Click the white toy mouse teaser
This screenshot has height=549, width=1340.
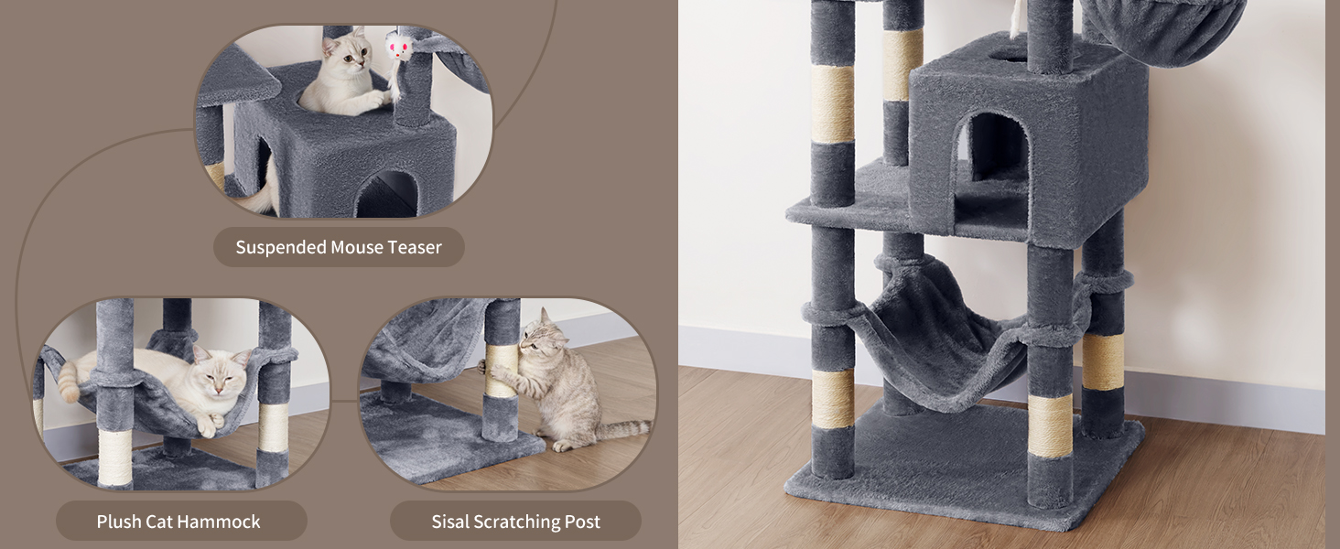click(397, 47)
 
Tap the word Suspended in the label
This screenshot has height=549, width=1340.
click(281, 248)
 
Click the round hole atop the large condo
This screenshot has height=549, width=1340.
click(1010, 58)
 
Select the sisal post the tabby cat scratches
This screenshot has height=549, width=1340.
click(502, 371)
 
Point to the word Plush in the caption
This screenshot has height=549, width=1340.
click(118, 522)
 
